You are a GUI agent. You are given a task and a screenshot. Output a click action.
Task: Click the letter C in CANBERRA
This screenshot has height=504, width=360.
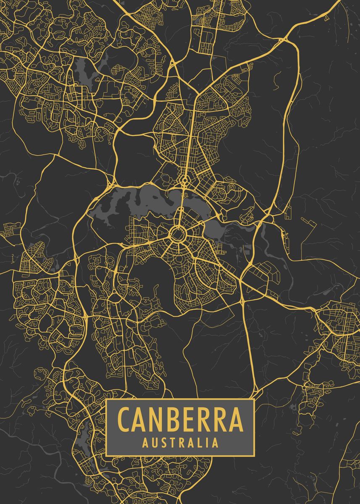(125, 420)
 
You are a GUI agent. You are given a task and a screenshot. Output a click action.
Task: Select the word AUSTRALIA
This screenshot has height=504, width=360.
(180, 443)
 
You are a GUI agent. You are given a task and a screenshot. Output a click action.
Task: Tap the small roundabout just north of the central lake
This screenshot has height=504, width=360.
(184, 181)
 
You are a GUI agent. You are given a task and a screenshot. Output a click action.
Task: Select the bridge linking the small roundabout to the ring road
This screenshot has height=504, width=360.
(181, 206)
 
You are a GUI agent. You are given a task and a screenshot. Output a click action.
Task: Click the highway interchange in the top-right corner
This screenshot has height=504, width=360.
(283, 40)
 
